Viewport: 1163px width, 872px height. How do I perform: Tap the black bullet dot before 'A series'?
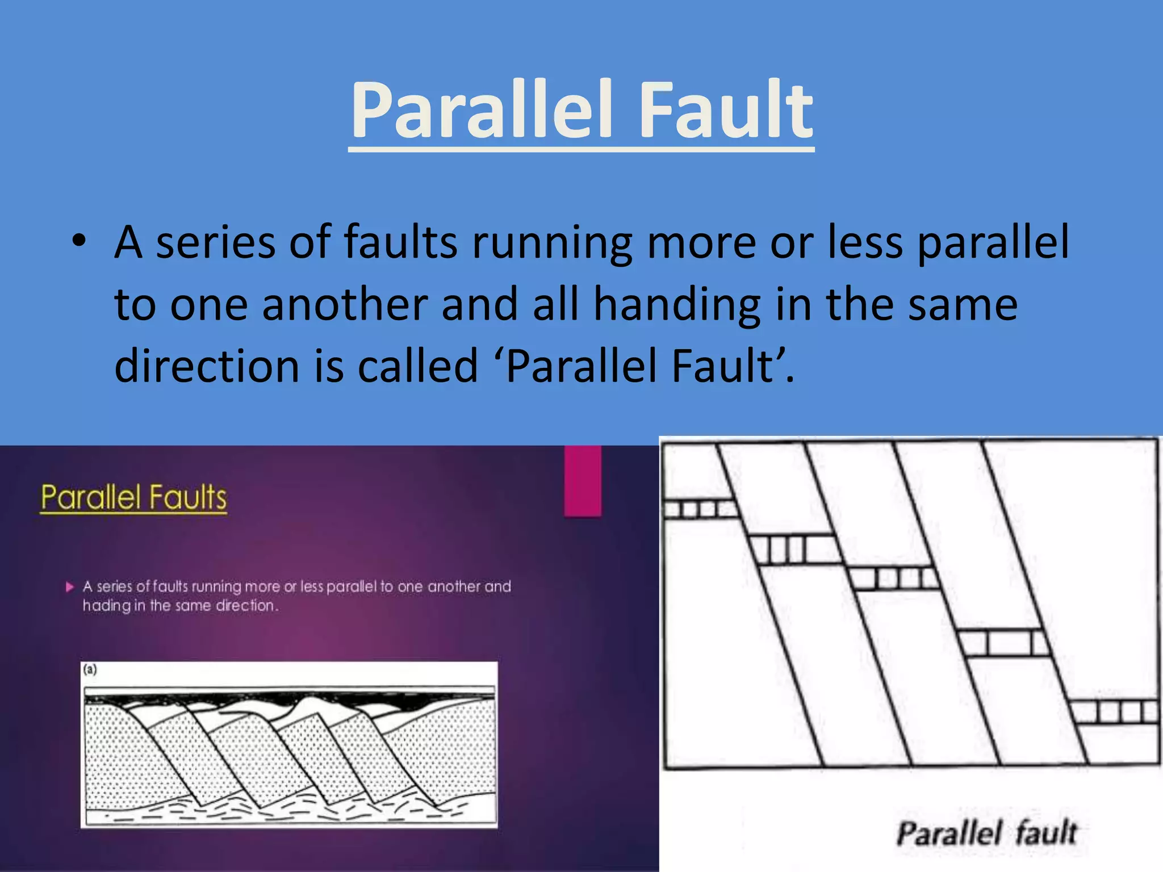tap(79, 241)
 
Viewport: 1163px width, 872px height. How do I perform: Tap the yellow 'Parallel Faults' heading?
tap(133, 498)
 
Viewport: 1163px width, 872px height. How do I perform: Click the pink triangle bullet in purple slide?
tap(70, 586)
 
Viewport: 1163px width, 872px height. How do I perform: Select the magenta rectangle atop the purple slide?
tap(583, 481)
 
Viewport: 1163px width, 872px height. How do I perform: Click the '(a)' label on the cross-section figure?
tap(90, 669)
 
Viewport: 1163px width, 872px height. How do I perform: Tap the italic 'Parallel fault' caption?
tap(986, 833)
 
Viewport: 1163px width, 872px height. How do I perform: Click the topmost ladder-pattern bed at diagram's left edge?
tap(700, 509)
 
